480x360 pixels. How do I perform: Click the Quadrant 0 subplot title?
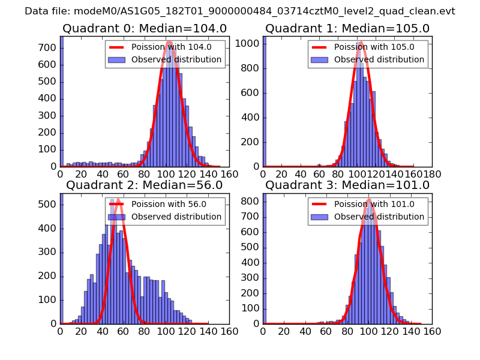[144, 29]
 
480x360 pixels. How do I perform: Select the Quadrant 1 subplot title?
[347, 29]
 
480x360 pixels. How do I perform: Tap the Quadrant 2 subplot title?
[144, 185]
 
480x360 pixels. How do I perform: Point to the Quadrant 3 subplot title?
[347, 185]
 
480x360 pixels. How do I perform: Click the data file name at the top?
[240, 11]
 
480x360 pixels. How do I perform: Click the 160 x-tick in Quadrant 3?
[432, 331]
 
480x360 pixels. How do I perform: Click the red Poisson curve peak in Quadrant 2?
[118, 199]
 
